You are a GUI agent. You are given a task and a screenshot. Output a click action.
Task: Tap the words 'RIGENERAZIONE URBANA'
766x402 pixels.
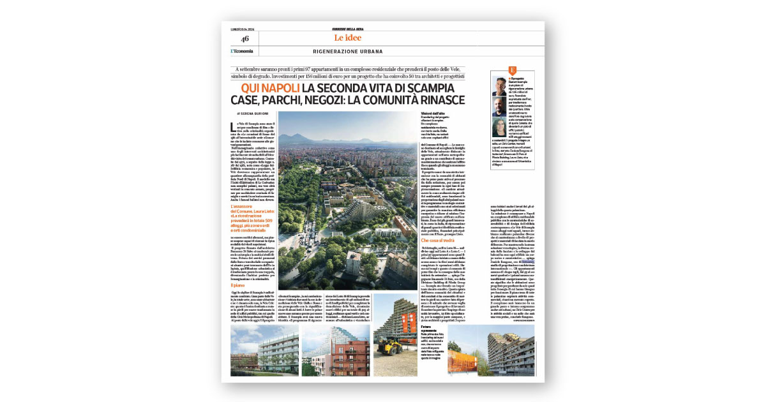pyautogui.click(x=348, y=52)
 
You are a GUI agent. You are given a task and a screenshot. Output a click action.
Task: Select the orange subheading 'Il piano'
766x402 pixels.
pyautogui.click(x=239, y=285)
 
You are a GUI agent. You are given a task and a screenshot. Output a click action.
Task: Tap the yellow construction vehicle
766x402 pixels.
pyautogui.click(x=390, y=345)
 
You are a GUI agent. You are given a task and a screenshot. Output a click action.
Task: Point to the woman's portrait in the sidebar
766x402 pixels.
pyautogui.click(x=500, y=126)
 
